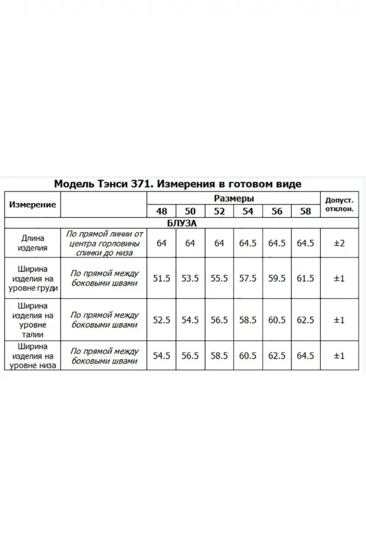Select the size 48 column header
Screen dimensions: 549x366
[x=162, y=212]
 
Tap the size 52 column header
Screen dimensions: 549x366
[x=219, y=212]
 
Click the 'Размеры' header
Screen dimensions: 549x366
[x=234, y=199]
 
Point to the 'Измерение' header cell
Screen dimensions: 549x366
[x=33, y=205]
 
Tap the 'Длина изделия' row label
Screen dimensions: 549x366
[x=33, y=243]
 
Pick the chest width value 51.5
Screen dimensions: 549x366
[x=162, y=278]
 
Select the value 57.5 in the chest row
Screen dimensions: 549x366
[x=248, y=278]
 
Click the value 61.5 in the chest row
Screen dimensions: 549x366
[x=305, y=278]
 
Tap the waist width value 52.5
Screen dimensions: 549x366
[x=162, y=320]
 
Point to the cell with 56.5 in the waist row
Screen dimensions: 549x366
[x=219, y=320]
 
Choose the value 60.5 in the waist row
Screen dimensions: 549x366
[x=276, y=320]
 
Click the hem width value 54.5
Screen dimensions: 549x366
[x=162, y=356]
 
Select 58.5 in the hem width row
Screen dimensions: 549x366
[x=219, y=356]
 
